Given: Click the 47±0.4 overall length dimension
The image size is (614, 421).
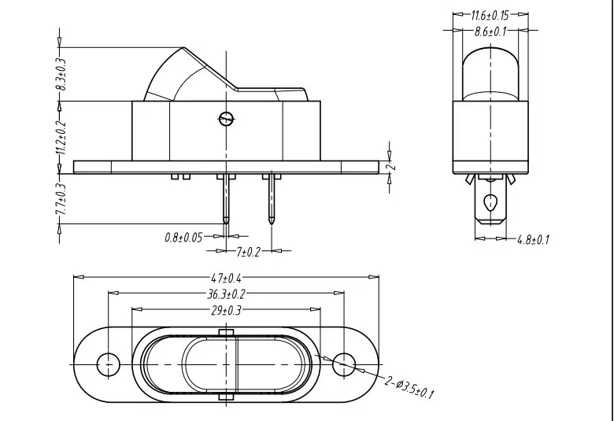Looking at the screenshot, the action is coord(227,278).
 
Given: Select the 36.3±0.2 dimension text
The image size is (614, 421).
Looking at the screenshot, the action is coord(226,294).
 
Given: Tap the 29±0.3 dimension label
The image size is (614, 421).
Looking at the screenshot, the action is coord(226,311).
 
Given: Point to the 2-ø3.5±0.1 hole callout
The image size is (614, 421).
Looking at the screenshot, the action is coord(409,388).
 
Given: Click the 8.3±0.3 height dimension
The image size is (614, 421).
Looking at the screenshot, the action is coord(62,74).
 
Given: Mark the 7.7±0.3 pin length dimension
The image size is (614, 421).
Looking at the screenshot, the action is coord(62,199).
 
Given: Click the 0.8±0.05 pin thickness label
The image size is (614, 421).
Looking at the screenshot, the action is coord(183,238).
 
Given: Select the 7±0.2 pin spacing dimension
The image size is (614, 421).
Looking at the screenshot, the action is coord(248,252).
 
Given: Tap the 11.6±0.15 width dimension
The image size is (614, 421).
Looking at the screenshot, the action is coord(490,16).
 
